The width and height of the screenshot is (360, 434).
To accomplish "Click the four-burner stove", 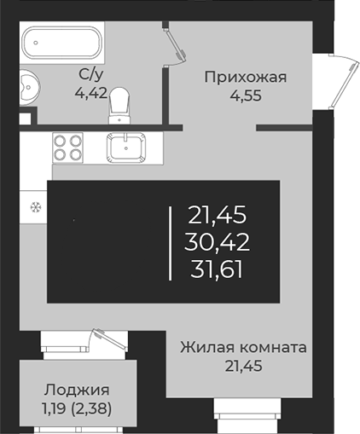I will click(68, 148).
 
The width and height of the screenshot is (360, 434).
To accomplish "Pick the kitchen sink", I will click(129, 148).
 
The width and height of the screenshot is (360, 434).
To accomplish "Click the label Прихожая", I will click(245, 78).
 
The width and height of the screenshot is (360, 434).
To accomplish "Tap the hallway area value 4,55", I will click(244, 95).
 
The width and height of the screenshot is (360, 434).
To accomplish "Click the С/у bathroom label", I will click(91, 74).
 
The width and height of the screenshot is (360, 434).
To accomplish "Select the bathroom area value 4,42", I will click(91, 92).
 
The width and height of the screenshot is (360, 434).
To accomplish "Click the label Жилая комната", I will click(243, 348).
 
